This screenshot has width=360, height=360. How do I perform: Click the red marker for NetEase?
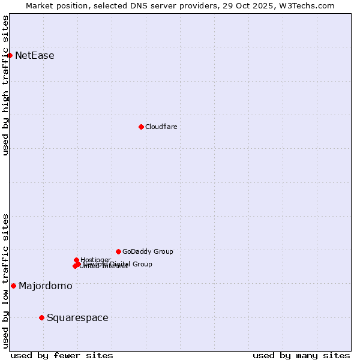10,55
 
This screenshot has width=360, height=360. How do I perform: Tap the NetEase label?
34,56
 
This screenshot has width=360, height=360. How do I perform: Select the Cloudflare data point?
141,127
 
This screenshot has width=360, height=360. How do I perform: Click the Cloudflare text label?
161,127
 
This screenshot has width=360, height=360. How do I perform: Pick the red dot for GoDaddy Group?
118,251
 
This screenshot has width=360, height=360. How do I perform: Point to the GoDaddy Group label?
148,251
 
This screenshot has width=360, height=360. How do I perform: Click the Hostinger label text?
95,260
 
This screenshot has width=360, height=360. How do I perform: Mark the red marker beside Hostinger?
76,260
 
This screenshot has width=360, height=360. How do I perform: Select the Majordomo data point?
13,286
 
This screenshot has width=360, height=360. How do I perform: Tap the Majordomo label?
45,286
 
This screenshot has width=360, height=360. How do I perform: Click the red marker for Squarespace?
41,317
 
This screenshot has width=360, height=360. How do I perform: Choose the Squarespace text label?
77,317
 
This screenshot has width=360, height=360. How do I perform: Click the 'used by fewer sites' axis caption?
62,355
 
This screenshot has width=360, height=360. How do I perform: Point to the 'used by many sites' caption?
301,355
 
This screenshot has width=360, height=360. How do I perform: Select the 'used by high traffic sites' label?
6,85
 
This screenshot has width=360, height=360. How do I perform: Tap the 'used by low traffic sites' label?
6,281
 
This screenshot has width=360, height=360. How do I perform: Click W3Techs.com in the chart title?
309,6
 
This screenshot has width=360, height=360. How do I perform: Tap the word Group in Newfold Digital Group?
142,264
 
